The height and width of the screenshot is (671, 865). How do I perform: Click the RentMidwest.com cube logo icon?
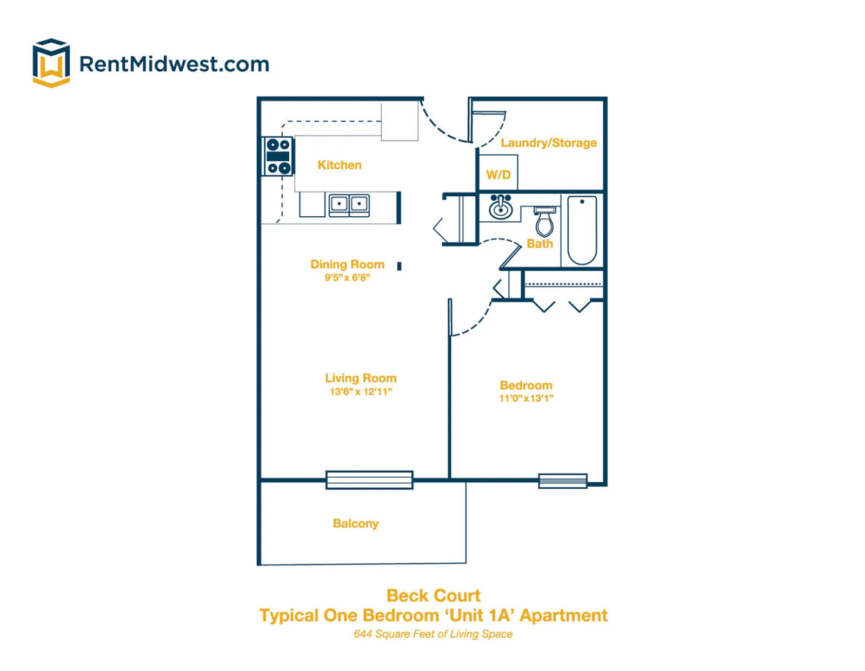(51, 63)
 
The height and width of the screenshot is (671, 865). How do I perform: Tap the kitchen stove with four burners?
(278, 156)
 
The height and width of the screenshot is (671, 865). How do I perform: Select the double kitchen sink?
(349, 205)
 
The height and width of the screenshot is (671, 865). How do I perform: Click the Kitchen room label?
(340, 165)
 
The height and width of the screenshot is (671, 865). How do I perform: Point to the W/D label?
(498, 175)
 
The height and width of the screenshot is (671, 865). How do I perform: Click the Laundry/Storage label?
(549, 143)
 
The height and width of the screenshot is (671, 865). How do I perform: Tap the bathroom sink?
(500, 207)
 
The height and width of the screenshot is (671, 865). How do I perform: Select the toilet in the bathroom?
(544, 222)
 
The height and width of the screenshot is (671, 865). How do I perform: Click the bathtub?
(582, 230)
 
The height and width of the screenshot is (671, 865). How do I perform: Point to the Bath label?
(540, 243)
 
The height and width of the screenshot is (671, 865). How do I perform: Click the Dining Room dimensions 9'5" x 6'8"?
(347, 277)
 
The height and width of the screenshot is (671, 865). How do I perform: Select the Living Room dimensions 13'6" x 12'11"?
(361, 391)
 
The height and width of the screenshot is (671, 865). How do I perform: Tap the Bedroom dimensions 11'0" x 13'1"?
(526, 398)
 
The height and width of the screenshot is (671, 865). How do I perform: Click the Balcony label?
(356, 523)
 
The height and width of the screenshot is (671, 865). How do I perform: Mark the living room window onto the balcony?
(369, 480)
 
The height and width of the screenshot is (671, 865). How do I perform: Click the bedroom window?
(563, 481)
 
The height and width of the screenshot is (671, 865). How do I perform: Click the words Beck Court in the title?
(434, 595)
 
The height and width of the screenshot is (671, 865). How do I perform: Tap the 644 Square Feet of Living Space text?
(433, 634)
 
